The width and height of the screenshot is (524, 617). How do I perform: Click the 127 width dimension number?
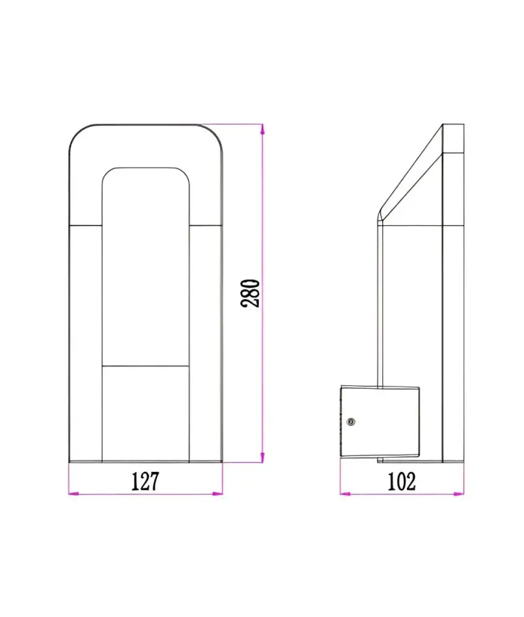tap(145, 481)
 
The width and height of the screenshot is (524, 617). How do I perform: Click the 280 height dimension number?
tap(250, 293)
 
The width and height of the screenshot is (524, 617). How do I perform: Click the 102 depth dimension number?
tap(402, 482)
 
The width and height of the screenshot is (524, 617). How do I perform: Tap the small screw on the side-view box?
tap(351, 422)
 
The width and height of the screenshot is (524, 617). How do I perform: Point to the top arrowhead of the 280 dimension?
tap(263, 130)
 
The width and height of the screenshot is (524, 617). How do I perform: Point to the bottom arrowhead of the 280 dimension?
tap(263, 457)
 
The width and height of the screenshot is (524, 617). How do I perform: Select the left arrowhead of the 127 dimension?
tap(74, 494)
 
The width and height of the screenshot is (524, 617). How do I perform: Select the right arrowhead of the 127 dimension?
tap(218, 494)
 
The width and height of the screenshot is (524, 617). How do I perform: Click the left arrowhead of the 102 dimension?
tap(346, 494)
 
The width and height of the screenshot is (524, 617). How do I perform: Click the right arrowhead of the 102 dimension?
tap(459, 494)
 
